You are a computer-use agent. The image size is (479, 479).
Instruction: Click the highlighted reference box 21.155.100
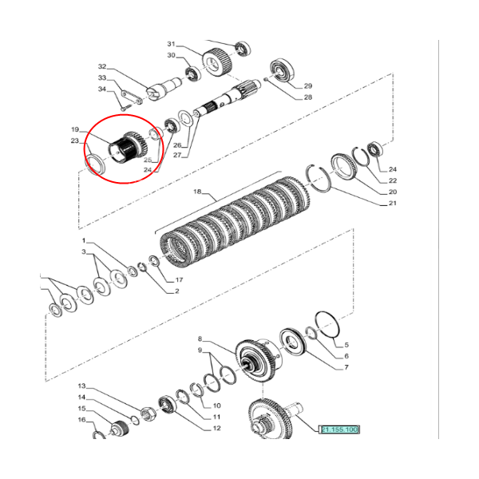(339, 430)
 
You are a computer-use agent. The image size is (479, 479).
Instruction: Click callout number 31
(171, 44)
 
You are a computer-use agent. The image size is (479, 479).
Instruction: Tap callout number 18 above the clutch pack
(197, 192)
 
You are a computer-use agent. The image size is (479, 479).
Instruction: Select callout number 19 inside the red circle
(75, 129)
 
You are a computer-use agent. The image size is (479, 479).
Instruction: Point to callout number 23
(75, 141)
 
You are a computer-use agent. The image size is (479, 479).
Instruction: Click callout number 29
(308, 86)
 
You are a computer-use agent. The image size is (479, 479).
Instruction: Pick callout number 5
(346, 345)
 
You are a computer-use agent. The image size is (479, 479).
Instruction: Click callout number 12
(216, 428)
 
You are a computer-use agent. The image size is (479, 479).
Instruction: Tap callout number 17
(179, 280)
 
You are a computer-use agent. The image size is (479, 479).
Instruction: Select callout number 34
(102, 89)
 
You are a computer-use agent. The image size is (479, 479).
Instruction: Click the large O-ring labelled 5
(327, 325)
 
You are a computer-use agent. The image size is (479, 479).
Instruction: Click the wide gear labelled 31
(217, 62)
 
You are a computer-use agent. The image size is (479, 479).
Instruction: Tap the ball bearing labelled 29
(282, 69)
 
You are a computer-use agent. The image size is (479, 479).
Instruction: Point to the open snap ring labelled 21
(319, 178)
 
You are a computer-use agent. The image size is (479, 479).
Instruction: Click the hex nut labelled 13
(148, 414)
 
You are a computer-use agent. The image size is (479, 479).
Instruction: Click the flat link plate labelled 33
(132, 97)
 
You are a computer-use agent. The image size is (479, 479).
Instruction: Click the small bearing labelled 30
(192, 73)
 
